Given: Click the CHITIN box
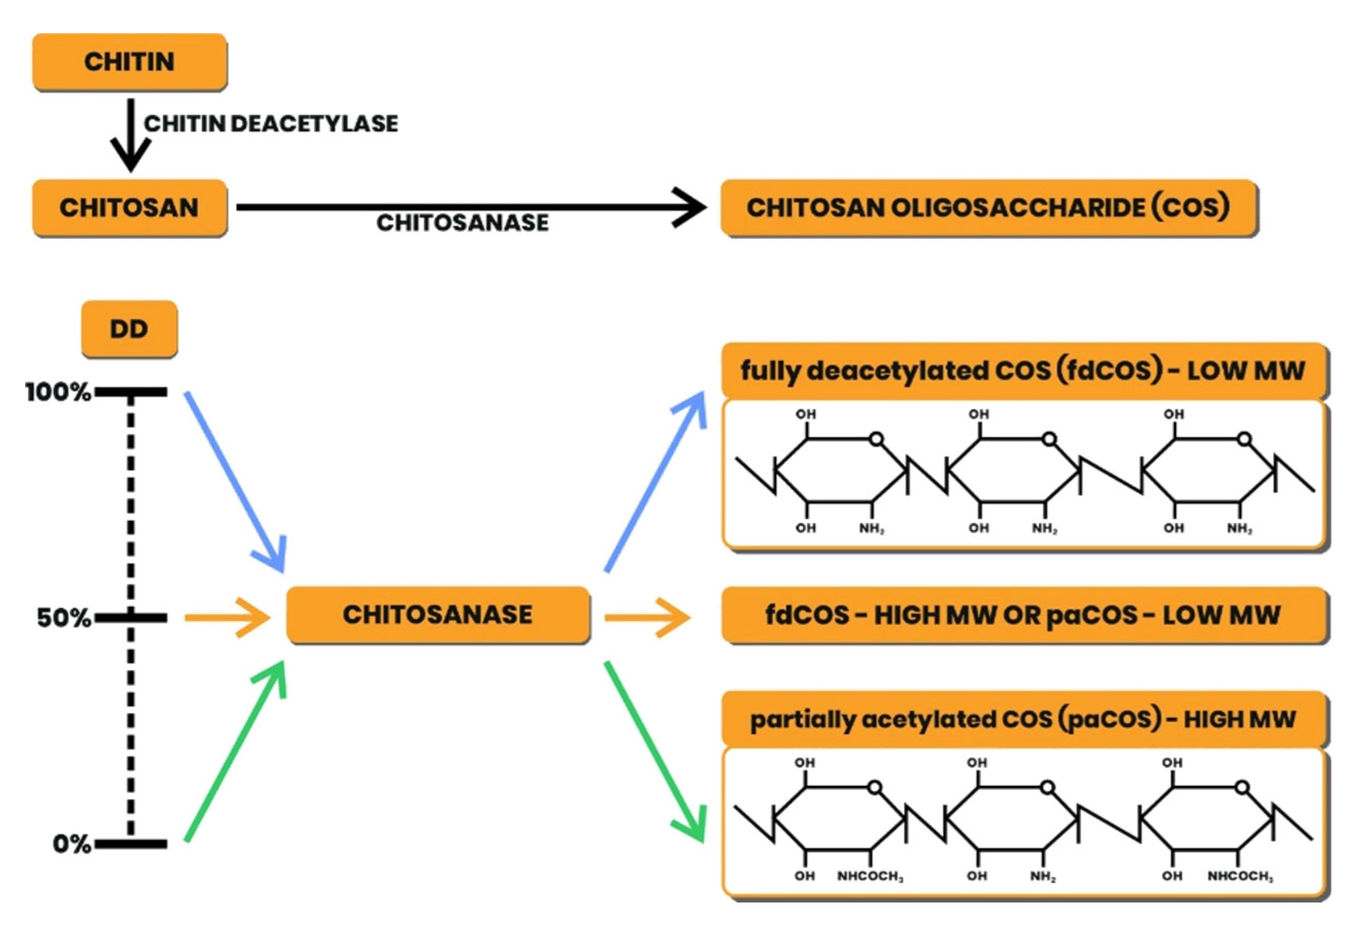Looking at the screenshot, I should click(x=129, y=62).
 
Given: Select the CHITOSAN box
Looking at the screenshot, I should click(x=129, y=208).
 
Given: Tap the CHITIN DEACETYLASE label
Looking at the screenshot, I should click(x=271, y=123).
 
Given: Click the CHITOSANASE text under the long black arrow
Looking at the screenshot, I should click(x=462, y=223).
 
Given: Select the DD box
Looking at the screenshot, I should click(x=129, y=329).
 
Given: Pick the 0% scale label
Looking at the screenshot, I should click(x=71, y=843).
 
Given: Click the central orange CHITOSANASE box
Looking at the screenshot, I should click(x=438, y=615).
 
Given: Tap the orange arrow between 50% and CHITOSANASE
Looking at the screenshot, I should click(x=227, y=618).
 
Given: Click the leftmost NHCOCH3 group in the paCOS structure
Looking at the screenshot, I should click(x=870, y=876).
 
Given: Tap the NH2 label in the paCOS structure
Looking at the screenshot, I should click(x=1043, y=876).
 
